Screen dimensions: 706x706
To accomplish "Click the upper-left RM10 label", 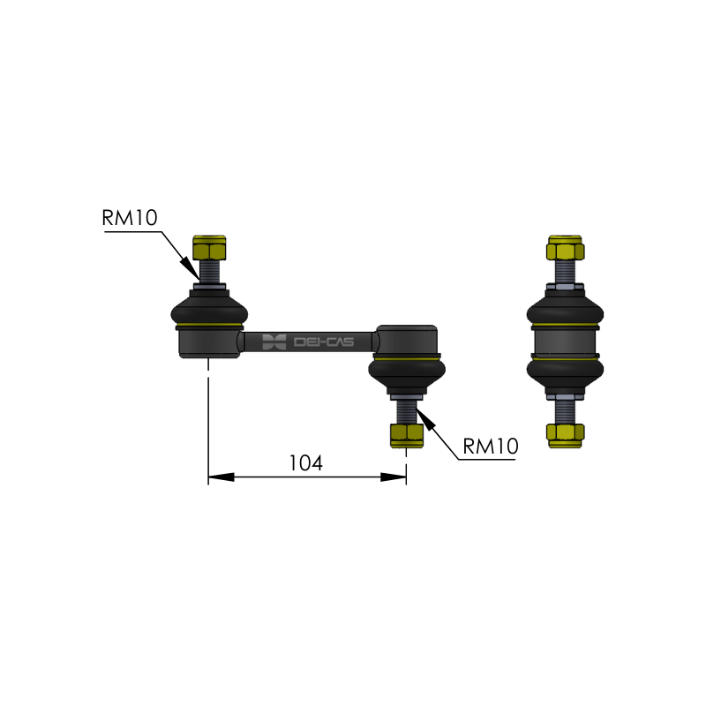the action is point(130,218).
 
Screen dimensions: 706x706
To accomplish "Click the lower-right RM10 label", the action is point(491,447).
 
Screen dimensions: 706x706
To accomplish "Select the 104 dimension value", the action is point(305,463).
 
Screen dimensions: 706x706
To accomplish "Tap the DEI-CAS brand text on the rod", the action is point(324,342).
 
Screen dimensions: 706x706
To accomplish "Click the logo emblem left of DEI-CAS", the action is point(274,342).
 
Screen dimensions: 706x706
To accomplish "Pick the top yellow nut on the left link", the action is point(209,248).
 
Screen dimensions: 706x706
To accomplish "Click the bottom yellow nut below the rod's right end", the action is point(407,435).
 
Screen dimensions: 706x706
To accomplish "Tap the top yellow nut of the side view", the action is point(566,248).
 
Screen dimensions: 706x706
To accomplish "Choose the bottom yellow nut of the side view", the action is point(566,435).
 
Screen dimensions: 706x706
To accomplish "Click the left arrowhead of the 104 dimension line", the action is point(222,477).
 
